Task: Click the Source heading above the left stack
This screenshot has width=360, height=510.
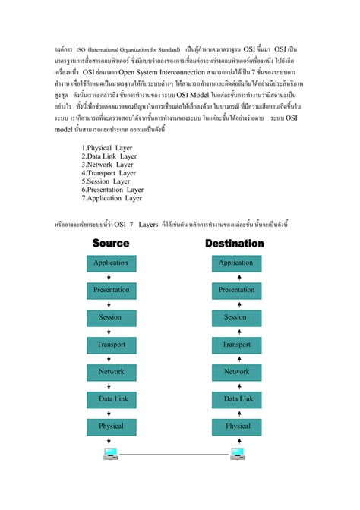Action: [x=111, y=244]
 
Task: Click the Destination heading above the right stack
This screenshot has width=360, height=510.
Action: [x=235, y=244]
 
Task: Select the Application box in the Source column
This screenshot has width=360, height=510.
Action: [x=111, y=263]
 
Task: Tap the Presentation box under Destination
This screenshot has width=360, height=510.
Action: [x=236, y=290]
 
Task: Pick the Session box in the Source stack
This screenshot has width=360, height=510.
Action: [x=111, y=317]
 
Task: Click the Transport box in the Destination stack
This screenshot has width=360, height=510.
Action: [x=236, y=345]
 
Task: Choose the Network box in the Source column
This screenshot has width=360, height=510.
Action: [x=111, y=372]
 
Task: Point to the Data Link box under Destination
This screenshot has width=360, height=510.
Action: [x=236, y=398]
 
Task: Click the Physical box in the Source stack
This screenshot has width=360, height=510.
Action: [x=111, y=426]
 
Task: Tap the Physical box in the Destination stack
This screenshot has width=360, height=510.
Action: [x=236, y=426]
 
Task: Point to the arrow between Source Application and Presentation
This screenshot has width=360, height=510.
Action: [x=111, y=276]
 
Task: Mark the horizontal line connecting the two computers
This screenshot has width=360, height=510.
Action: [x=174, y=455]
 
